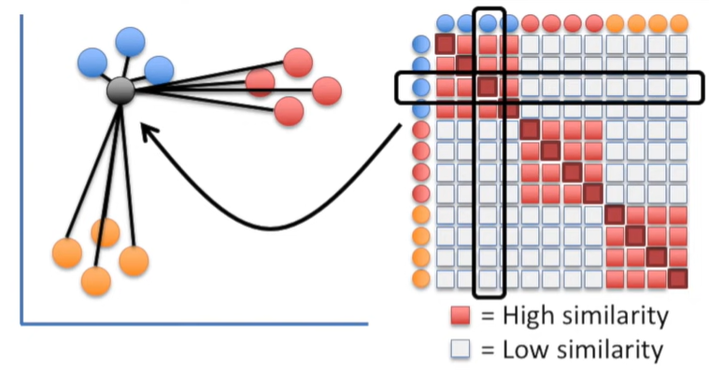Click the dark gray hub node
[121, 91]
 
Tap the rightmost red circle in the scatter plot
[326, 91]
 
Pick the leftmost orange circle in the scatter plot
[67, 253]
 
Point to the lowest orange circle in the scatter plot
[95, 280]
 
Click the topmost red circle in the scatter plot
[297, 63]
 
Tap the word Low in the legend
[525, 350]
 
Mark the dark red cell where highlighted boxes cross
[488, 88]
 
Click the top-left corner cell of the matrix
[446, 45]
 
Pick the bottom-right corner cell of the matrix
[677, 278]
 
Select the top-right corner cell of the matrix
[677, 45]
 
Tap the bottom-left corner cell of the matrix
[446, 278]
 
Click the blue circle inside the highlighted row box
[421, 88]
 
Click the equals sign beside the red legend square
[487, 316]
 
